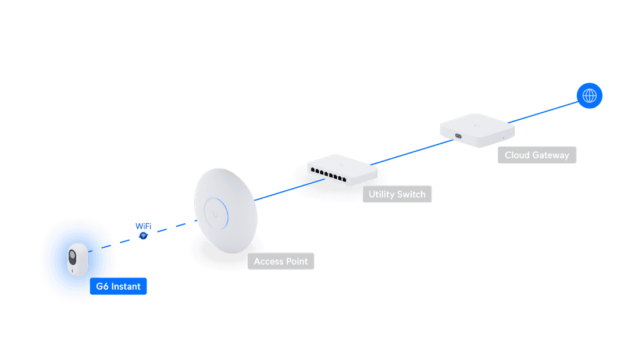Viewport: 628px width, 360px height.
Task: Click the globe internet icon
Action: coord(590,95)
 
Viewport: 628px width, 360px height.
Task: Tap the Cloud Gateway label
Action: coord(537,155)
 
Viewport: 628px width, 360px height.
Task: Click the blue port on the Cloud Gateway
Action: coord(458,137)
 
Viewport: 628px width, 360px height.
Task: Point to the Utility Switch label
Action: coord(397,194)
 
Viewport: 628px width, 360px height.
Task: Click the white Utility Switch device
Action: coord(342,169)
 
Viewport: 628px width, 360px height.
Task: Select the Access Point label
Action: coord(281,261)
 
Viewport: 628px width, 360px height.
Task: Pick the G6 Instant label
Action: coord(118,286)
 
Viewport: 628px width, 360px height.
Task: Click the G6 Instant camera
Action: coord(77,259)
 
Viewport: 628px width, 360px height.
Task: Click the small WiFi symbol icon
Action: coord(143,236)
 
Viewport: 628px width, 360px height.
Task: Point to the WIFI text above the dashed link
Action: coord(143,226)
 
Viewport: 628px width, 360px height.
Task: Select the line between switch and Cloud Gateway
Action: coord(407,155)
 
